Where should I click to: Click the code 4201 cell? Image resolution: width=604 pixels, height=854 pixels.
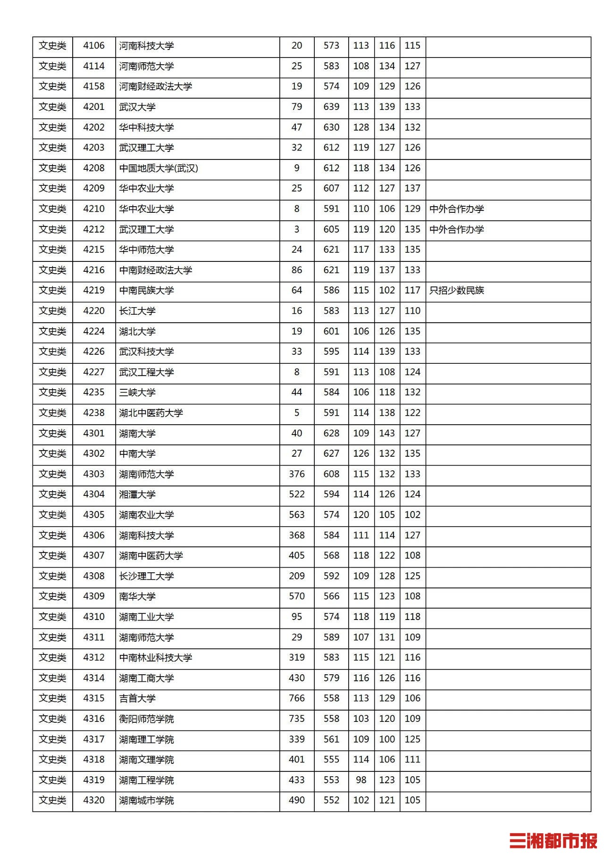[93, 107]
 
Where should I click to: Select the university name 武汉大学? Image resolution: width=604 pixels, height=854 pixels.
[137, 107]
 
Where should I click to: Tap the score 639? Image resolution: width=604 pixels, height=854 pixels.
[331, 107]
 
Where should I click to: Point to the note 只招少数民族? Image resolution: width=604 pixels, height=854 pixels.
[456, 291]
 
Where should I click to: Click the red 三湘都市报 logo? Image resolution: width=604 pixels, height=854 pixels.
[553, 840]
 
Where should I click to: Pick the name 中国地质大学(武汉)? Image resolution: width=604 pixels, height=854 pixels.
[159, 168]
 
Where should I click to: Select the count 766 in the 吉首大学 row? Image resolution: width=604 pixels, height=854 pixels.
[296, 698]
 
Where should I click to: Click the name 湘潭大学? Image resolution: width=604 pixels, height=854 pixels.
[137, 494]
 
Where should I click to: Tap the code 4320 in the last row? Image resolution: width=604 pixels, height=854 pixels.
[93, 800]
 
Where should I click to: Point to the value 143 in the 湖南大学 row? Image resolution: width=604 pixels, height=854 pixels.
[387, 433]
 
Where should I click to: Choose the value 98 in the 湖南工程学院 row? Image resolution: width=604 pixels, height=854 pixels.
[361, 780]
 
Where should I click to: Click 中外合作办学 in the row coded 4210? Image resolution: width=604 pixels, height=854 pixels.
[456, 209]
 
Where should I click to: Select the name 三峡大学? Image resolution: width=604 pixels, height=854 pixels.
[137, 393]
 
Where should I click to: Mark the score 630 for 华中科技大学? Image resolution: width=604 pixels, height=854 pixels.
[331, 127]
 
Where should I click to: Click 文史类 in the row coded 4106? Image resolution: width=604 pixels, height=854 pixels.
[52, 46]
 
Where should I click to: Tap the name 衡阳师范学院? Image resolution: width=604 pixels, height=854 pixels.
[146, 719]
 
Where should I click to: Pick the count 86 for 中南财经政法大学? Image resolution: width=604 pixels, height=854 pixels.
[296, 270]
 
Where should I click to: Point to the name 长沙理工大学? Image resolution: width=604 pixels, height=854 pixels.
[146, 576]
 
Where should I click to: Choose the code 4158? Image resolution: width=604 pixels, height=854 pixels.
[93, 86]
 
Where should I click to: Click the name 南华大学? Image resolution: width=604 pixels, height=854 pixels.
[137, 596]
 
